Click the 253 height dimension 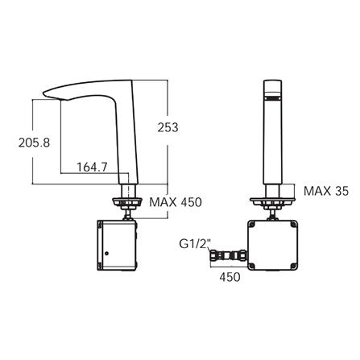click(168, 127)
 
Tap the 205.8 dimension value click(34, 143)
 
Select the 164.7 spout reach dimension click(92, 168)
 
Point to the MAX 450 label click(176, 202)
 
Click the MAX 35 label click(326, 191)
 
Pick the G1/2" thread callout click(195, 244)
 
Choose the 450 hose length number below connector click(230, 277)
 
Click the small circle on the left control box click(107, 253)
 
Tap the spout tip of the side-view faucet click(44, 93)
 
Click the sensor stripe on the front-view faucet click(273, 98)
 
